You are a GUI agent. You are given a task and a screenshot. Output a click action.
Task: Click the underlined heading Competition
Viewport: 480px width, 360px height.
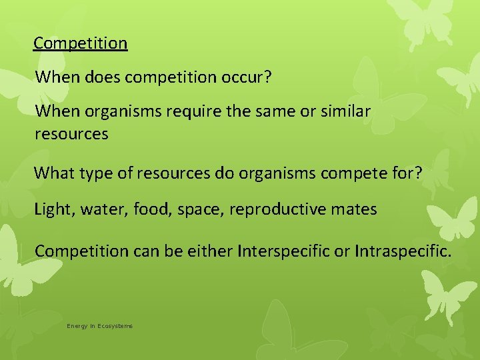(x=81, y=43)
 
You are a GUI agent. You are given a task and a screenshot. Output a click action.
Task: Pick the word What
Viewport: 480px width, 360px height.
(x=52, y=173)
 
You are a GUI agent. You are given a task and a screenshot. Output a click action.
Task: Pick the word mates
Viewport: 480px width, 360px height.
(x=354, y=209)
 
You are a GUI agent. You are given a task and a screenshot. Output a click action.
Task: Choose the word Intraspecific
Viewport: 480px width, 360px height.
(x=403, y=251)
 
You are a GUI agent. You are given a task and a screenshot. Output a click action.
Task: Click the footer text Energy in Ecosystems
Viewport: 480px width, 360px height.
(x=99, y=326)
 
